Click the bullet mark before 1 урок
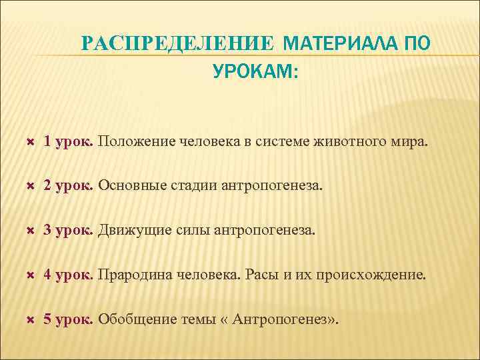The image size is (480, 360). point(29,142)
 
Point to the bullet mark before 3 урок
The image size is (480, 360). point(29,231)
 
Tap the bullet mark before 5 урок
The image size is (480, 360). point(29,319)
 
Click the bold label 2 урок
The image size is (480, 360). point(69,186)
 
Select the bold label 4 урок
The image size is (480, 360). point(69,275)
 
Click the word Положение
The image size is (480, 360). point(137,141)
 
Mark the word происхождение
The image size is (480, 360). point(377,275)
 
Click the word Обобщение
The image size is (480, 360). point(137,319)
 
